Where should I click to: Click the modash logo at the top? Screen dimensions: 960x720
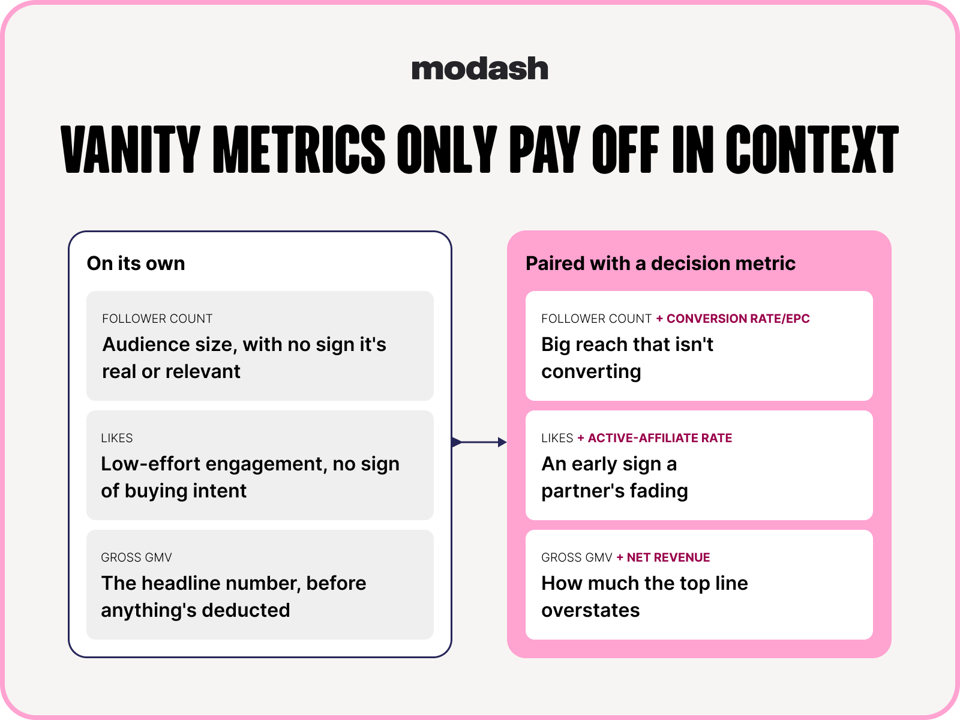tap(480, 68)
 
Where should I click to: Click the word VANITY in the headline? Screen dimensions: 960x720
tap(130, 149)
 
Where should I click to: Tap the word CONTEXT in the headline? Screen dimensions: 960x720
tap(812, 149)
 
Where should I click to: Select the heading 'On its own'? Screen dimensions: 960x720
tap(136, 263)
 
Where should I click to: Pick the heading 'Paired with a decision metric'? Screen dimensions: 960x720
tap(661, 263)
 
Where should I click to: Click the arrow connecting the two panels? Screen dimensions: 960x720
tap(479, 442)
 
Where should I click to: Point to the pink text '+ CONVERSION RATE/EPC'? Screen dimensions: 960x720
tap(733, 319)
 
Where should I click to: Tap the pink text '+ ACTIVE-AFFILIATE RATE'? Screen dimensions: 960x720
tap(655, 438)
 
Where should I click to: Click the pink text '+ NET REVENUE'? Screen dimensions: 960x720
tap(663, 557)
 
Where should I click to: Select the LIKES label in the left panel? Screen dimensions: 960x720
tap(117, 438)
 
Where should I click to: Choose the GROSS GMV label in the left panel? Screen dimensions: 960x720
tap(136, 557)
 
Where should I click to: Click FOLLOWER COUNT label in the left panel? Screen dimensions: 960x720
tap(157, 319)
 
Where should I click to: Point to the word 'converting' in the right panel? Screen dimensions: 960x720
tap(592, 372)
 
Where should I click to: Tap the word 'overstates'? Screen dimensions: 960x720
tap(590, 610)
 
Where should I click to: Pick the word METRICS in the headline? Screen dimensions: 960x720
tap(299, 149)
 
